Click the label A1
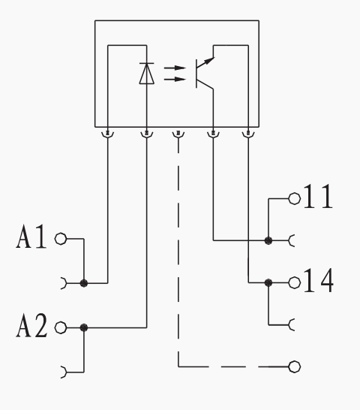coord(31,237)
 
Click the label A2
coord(31,326)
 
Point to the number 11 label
coord(318,196)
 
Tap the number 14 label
coord(319,280)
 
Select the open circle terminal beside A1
coord(61,239)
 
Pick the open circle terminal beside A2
coord(61,327)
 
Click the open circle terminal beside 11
coord(295,198)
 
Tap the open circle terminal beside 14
coord(295,282)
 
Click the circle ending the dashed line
coord(295,366)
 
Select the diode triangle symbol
coord(146,74)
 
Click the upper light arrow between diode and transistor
coord(175,68)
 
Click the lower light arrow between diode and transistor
coord(175,79)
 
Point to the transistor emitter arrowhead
coord(209,61)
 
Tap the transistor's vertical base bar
coord(196,74)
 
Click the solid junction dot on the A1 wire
coord(84,283)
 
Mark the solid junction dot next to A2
coord(84,327)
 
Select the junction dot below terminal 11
coord(268,240)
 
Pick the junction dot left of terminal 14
coord(268,282)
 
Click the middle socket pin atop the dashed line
coord(178,134)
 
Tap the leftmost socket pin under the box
coord(108,134)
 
